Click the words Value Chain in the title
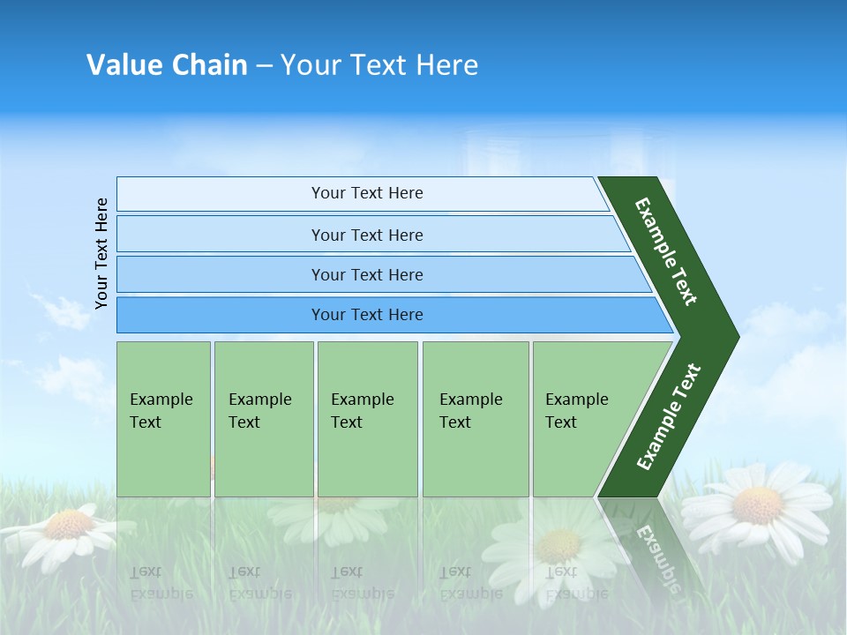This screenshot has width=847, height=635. coord(167,64)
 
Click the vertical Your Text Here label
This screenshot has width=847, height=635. coord(101,253)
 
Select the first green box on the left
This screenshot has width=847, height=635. coord(163,419)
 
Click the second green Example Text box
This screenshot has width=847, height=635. coord(264,419)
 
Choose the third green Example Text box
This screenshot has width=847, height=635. coord(367,419)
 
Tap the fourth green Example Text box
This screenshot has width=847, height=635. coord(476,419)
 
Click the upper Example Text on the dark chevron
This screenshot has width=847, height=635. coord(666,251)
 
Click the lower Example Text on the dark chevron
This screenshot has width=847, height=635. coord(669,417)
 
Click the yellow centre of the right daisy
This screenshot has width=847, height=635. coord(757,505)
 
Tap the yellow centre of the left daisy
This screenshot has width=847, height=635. coord(69,525)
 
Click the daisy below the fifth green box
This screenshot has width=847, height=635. coord(558,546)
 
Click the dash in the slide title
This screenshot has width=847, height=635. coord(264,64)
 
